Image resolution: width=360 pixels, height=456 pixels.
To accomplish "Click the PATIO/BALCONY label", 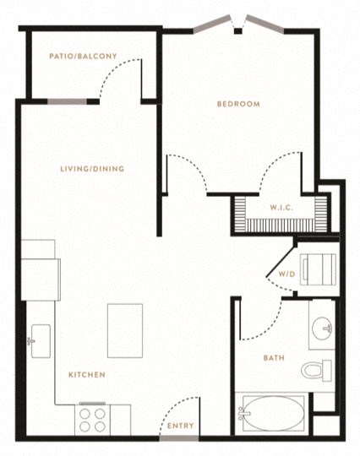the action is pyautogui.click(x=83, y=56).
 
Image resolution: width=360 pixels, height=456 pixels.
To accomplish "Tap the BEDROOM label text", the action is pyautogui.click(x=238, y=104).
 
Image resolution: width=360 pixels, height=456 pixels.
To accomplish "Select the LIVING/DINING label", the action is pyautogui.click(x=92, y=169).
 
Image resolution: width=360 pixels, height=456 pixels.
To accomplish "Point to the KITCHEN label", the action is pyautogui.click(x=87, y=375).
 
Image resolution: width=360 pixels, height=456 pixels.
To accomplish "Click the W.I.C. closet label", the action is pyautogui.click(x=281, y=208).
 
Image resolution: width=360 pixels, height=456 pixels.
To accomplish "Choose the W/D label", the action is pyautogui.click(x=287, y=274).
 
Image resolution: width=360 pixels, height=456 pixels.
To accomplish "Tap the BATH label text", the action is pyautogui.click(x=274, y=358).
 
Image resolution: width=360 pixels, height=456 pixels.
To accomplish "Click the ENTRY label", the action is pyautogui.click(x=181, y=426).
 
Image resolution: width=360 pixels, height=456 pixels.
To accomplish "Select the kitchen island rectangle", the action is pyautogui.click(x=125, y=331).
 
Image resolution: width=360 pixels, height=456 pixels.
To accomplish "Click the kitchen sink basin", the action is pyautogui.click(x=41, y=341).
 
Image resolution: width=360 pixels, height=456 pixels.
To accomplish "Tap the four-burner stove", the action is pyautogui.click(x=92, y=421).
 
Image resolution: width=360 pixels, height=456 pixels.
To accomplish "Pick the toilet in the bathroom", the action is pyautogui.click(x=316, y=371).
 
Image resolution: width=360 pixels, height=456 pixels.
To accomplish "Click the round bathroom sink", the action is pyautogui.click(x=322, y=328).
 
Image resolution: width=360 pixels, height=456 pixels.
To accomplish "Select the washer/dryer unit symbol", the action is pyautogui.click(x=318, y=269).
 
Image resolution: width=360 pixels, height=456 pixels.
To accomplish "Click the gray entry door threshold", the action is pyautogui.click(x=179, y=438).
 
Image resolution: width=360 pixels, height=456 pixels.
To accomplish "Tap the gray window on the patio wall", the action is pyautogui.click(x=68, y=101).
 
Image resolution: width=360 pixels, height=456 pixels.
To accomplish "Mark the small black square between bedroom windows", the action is pyautogui.click(x=238, y=31).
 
